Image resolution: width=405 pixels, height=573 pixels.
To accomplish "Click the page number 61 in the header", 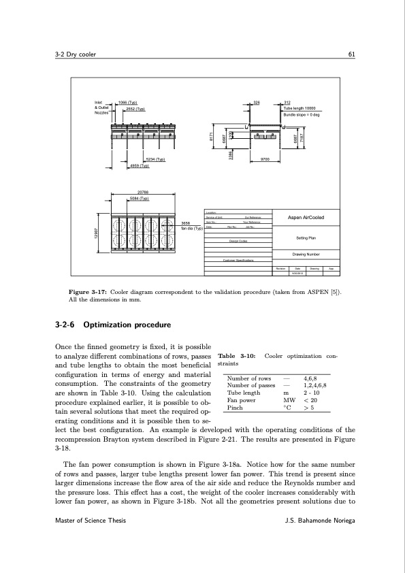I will coord(351,55).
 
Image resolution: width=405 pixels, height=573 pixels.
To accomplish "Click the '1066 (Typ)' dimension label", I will coord(128,103).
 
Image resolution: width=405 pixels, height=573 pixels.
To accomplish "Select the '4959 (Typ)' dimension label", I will coord(140,165).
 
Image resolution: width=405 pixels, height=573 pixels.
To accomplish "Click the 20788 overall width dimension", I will coord(144,192).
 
